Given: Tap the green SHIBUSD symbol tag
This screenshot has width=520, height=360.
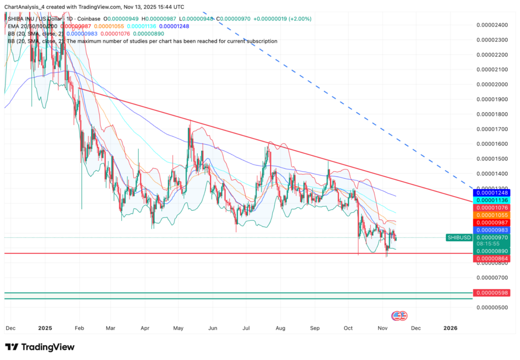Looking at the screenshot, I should [x=459, y=237].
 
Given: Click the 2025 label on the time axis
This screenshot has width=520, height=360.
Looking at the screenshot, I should [x=45, y=328].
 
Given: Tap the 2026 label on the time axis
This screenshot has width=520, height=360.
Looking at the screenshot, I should [x=450, y=328].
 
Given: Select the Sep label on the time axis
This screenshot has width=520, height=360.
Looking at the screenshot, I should [x=316, y=328].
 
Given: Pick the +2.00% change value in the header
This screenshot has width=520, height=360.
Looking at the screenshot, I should [x=301, y=19].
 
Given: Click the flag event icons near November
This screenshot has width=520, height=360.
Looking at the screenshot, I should [x=400, y=315].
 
